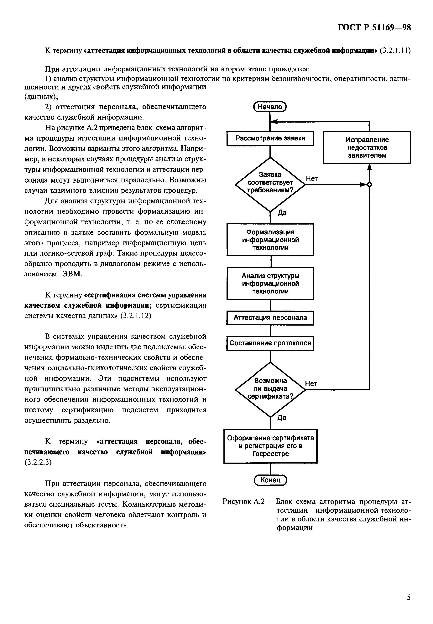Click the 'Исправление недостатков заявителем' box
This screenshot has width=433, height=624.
[x=367, y=147]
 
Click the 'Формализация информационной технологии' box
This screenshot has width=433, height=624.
[x=270, y=240]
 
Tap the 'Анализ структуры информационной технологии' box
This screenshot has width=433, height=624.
[x=270, y=283]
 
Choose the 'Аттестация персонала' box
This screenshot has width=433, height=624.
[x=270, y=317]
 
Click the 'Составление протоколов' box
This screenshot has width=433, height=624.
[x=270, y=343]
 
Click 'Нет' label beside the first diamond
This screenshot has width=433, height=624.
[x=312, y=179]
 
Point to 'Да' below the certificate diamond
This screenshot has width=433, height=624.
[x=282, y=418]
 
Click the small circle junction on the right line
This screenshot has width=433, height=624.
[x=369, y=185]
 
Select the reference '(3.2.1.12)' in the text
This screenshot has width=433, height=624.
[x=136, y=316]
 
